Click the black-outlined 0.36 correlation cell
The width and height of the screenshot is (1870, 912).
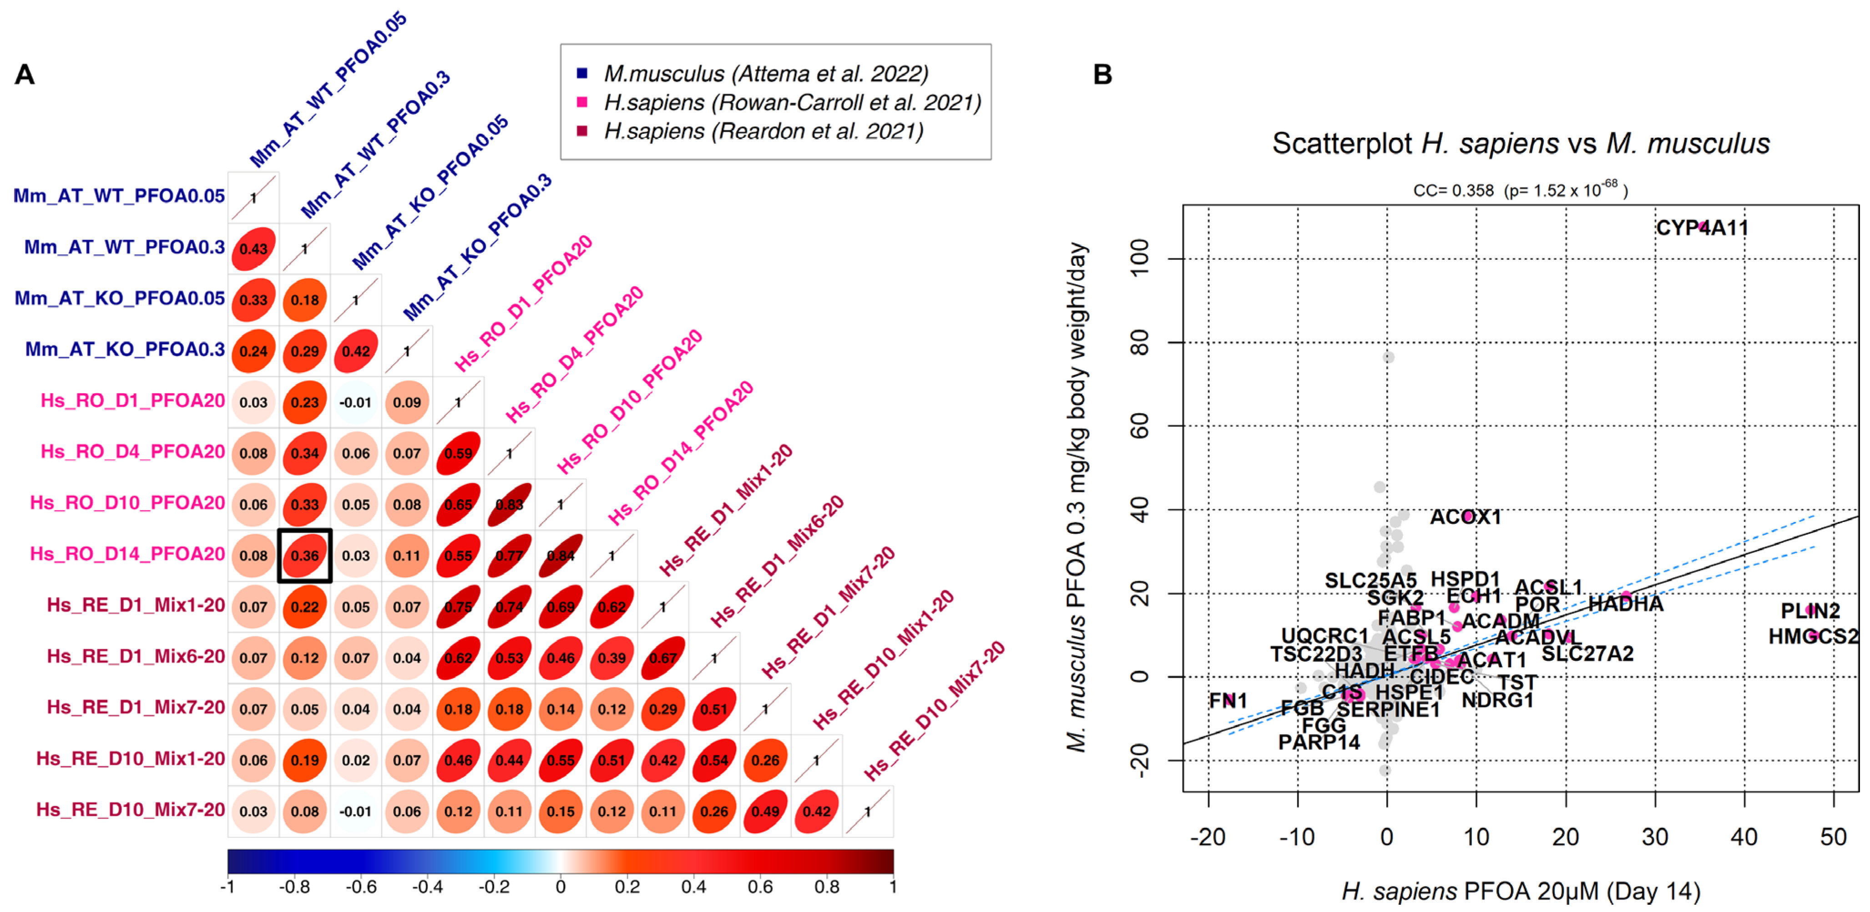coord(305,556)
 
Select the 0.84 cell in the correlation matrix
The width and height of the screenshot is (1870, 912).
coord(561,556)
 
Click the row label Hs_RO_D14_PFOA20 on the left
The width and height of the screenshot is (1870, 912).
coord(127,554)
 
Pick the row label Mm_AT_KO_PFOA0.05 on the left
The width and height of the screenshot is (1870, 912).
coord(120,299)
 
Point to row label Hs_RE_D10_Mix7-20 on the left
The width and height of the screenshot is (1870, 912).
coord(131,810)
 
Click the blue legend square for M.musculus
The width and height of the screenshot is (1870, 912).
coord(581,73)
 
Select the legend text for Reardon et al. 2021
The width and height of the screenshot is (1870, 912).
coord(763,132)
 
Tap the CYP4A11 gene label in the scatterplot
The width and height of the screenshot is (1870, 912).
coord(1702,228)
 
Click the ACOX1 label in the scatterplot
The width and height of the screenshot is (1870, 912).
coord(1465,517)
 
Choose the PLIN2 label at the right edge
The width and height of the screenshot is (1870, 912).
coord(1810,611)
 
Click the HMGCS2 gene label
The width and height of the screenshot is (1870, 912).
coord(1813,637)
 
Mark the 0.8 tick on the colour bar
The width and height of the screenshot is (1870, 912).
coord(827,887)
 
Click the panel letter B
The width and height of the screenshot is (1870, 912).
coord(1102,74)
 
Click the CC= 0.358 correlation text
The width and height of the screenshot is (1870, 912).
coord(1453,191)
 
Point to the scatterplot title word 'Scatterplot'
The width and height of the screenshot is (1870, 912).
coord(1341,144)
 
